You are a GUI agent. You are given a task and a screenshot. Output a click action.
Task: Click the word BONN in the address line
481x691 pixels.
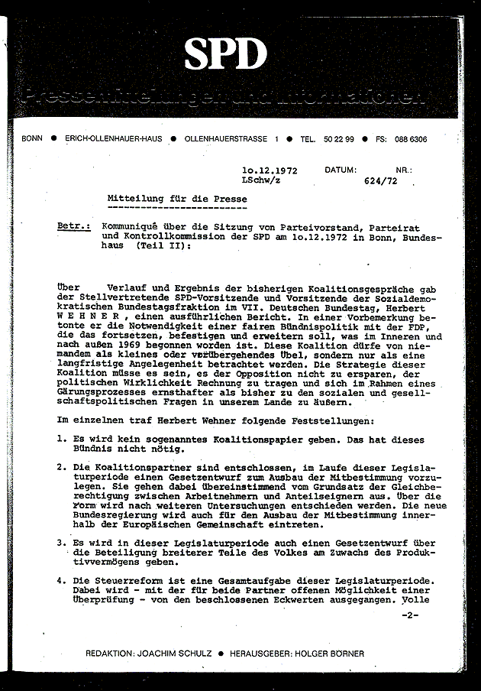(x=33, y=140)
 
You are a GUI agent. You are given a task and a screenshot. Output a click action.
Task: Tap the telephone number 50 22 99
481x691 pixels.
(x=337, y=140)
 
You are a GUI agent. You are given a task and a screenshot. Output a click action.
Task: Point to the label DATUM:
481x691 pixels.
(x=340, y=171)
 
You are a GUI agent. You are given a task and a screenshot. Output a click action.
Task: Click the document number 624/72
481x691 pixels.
(x=379, y=183)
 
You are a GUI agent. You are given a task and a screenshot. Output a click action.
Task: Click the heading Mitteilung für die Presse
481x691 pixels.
(x=176, y=198)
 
